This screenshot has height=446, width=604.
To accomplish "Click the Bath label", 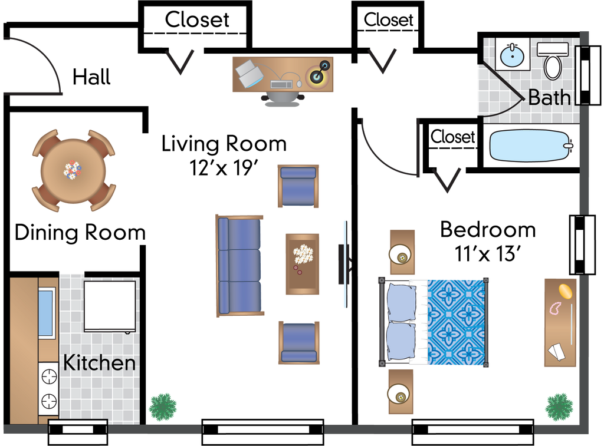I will pos(549,97).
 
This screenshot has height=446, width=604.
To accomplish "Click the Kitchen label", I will pos(99,363).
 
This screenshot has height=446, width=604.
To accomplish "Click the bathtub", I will pos(528,145).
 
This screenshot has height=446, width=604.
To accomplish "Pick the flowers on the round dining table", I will pos(73,170).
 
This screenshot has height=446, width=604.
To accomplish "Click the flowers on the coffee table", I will pos(303,255).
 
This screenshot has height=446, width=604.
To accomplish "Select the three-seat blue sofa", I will pos(239,266).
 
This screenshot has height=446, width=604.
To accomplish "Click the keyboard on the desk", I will pos(281,85).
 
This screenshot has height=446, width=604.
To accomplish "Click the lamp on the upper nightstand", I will pos(401,255).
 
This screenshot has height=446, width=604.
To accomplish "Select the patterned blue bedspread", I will pos(455,322).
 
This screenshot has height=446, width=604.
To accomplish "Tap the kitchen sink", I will pos(47,312).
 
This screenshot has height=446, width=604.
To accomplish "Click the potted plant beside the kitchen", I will pos(163,407).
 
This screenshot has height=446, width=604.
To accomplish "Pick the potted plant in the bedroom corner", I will pos(559,407).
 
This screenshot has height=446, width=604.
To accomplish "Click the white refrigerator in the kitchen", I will pos(110,306).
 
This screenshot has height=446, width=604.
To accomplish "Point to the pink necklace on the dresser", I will pos(556,308).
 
